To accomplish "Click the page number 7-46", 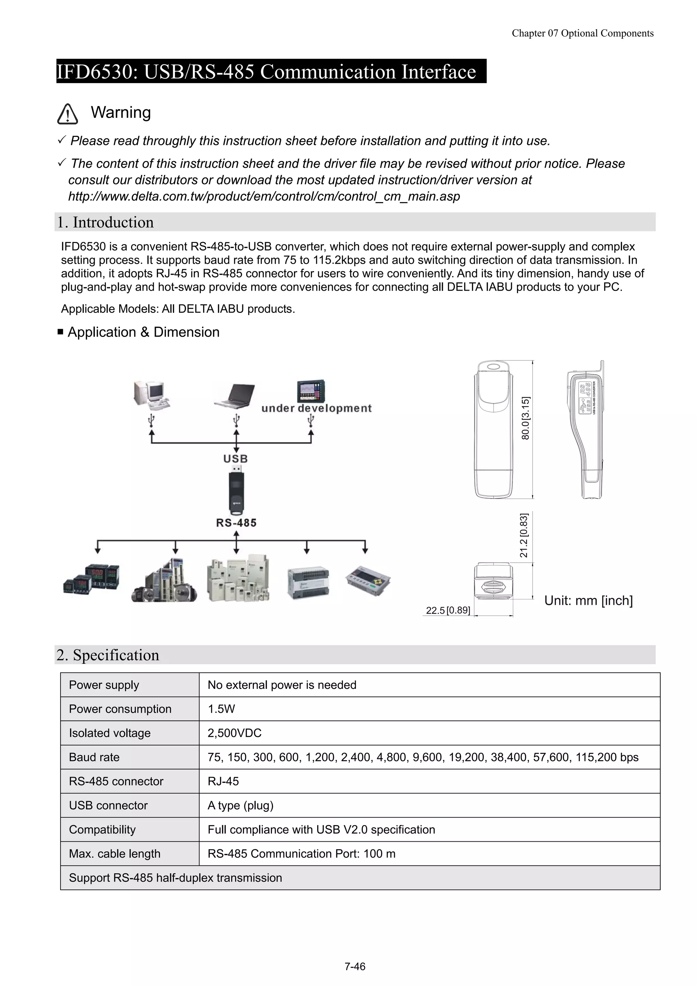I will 355,966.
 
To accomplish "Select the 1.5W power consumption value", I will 221,709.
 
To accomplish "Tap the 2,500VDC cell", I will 234,733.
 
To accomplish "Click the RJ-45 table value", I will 223,781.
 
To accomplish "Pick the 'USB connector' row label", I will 108,805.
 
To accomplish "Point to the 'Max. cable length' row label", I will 115,853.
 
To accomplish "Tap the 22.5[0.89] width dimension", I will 448,610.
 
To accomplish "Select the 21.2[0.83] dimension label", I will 523,535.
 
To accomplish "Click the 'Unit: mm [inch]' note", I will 588,600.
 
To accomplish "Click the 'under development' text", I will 317,408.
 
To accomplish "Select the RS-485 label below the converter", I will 236,523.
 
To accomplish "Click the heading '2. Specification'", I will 108,655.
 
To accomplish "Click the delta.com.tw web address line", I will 264,196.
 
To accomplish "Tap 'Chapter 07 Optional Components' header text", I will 582,33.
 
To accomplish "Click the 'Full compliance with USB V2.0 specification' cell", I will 321,829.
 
